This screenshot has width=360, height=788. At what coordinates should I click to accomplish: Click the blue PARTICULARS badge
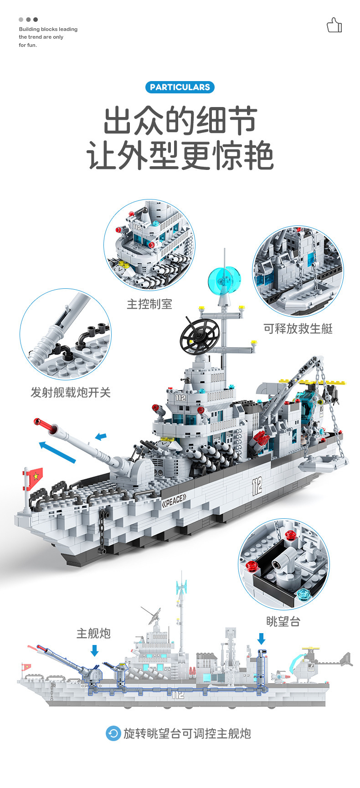(x=180, y=87)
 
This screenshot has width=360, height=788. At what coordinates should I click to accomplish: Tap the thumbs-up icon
(x=334, y=26)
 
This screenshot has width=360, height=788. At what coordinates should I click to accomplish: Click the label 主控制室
(x=149, y=304)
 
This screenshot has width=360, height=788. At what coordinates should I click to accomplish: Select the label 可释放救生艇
(x=298, y=328)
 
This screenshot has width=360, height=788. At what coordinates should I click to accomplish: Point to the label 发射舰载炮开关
(x=71, y=392)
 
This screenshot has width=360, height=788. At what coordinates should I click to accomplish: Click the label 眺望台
(x=283, y=621)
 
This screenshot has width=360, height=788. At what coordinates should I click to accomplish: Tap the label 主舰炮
(x=93, y=633)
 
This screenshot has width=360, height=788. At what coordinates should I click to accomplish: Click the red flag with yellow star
(x=34, y=477)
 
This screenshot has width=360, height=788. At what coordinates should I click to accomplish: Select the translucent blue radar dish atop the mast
(x=224, y=280)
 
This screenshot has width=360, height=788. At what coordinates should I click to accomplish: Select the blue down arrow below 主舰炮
(x=94, y=651)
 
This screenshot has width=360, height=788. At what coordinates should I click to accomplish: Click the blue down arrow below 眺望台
(x=261, y=639)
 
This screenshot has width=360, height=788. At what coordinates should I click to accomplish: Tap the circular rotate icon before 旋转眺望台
(x=113, y=733)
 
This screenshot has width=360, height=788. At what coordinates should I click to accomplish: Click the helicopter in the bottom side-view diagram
(x=310, y=666)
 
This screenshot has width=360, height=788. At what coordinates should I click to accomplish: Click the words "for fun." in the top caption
(x=28, y=45)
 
